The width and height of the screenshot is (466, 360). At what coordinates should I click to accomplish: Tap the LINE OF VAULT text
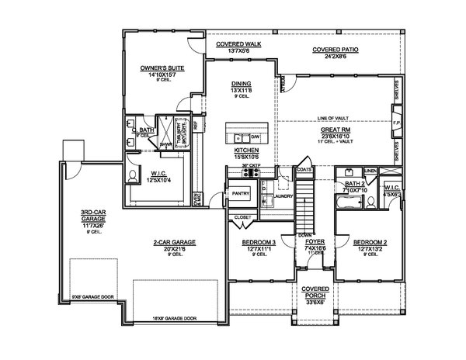click(x=333, y=117)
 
